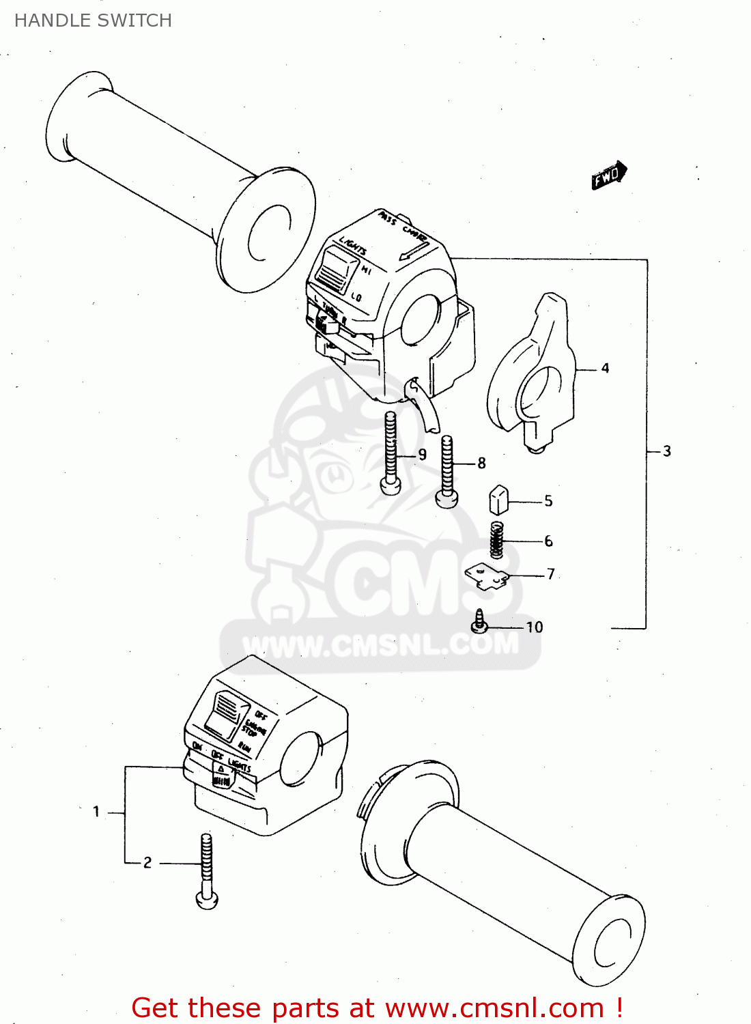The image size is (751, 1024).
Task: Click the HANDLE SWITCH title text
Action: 93,20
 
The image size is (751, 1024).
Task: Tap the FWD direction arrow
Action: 608,175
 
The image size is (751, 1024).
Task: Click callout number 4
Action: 605,369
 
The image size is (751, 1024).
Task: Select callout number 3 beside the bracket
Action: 667,451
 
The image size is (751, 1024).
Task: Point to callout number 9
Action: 423,455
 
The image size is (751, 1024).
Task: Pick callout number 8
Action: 481,464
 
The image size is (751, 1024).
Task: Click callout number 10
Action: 534,627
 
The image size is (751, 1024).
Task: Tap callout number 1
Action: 96,812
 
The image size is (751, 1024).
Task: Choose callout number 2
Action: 147,863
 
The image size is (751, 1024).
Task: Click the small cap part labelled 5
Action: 498,499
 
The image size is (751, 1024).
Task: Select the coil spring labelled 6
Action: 498,539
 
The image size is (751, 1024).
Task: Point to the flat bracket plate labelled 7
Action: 488,575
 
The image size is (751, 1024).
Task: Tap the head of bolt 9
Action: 391,485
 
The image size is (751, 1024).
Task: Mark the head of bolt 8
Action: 447,499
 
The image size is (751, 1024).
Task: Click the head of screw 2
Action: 207,900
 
